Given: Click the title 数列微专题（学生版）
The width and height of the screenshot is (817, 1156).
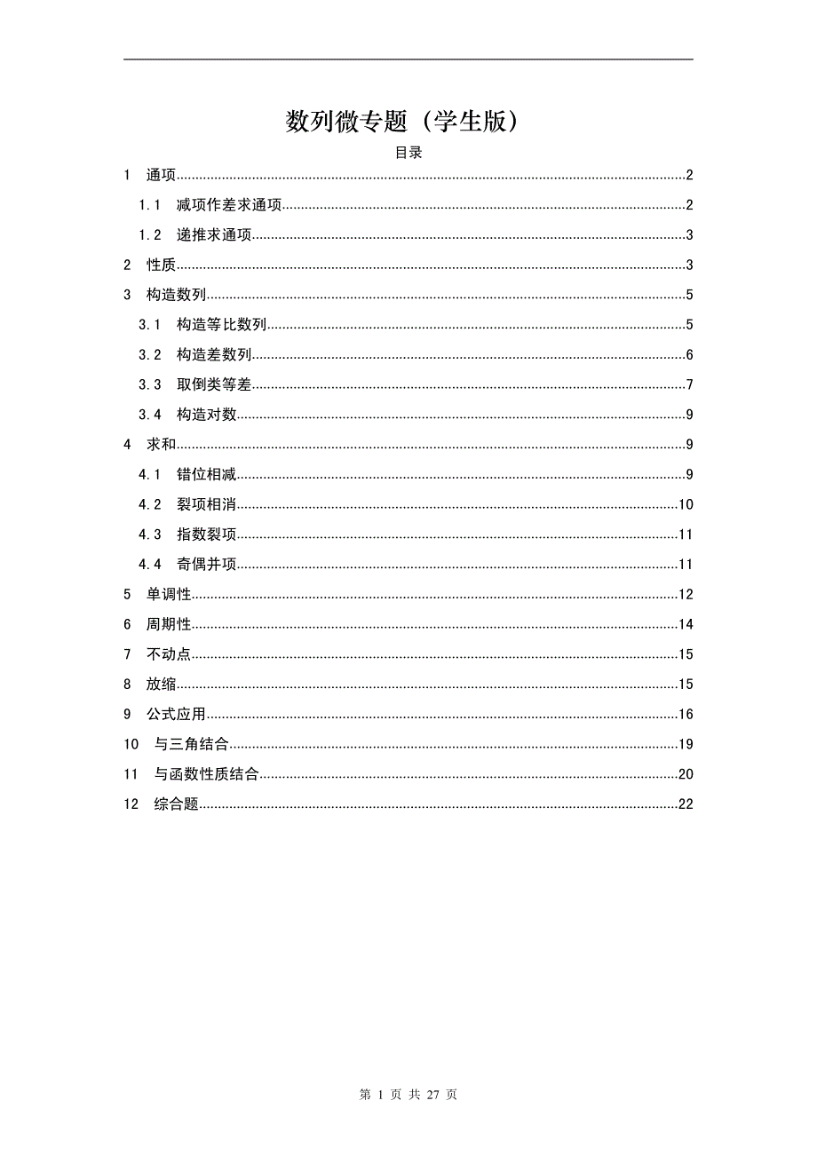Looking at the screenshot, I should [401, 121].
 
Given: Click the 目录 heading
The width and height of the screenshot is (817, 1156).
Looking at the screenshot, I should [408, 153].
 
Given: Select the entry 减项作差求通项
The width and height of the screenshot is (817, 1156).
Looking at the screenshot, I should [229, 206].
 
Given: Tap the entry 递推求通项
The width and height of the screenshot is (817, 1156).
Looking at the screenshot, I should [214, 235].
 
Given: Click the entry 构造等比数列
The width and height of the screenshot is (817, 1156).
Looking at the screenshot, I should [221, 326].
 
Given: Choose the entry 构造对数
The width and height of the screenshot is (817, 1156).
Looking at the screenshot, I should [206, 415].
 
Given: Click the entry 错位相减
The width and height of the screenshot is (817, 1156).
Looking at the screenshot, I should [206, 475].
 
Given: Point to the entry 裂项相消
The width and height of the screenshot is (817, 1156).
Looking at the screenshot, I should [206, 505].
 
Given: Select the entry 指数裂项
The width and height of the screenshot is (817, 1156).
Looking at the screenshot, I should [206, 534].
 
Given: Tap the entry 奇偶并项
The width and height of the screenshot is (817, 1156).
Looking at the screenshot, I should [206, 565].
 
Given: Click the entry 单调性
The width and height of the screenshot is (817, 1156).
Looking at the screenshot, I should [169, 595].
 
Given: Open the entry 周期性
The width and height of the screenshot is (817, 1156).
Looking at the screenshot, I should [169, 625].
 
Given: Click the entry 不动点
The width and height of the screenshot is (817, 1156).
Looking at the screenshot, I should [169, 655].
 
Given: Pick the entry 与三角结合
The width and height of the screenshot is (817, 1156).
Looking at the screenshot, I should [191, 745].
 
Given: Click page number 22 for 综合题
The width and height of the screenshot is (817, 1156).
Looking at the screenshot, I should [685, 804].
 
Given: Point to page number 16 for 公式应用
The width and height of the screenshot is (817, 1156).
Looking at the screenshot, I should [685, 715].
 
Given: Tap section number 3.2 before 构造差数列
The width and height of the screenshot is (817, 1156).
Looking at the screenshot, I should [150, 355].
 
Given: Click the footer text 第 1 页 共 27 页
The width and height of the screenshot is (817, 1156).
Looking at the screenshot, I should [408, 1095].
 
